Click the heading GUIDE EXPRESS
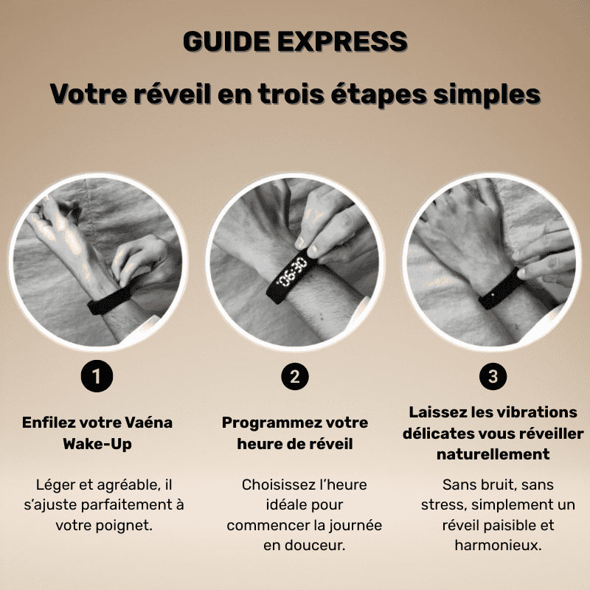pyautogui.click(x=295, y=42)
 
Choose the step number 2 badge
pyautogui.click(x=294, y=378)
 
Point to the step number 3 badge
pyautogui.click(x=493, y=378)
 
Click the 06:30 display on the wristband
pyautogui.click(x=294, y=269)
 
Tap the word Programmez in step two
pyautogui.click(x=270, y=423)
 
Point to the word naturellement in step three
pyautogui.click(x=493, y=454)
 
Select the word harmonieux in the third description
pyautogui.click(x=490, y=546)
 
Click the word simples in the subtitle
pyautogui.click(x=487, y=95)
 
